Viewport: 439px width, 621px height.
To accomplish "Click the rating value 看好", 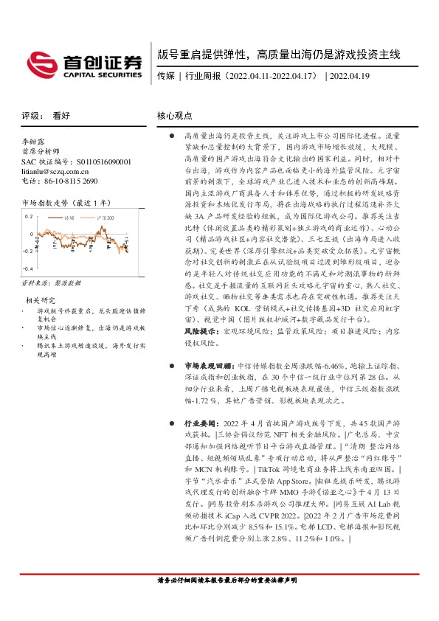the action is (62, 116).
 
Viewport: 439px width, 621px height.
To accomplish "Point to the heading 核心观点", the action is (175, 116).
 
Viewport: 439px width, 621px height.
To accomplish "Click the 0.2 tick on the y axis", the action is (29, 217).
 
